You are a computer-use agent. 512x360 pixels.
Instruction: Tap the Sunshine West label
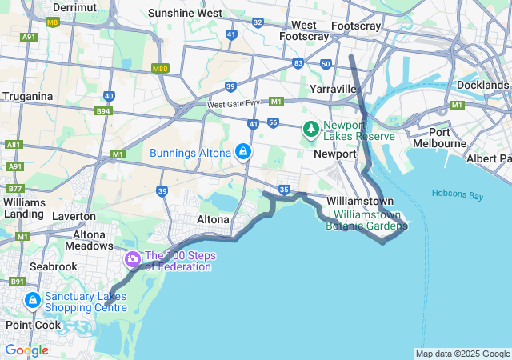[x=186, y=14]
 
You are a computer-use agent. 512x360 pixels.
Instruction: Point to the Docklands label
[x=482, y=85]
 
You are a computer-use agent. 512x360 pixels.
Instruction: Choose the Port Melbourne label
[x=439, y=138]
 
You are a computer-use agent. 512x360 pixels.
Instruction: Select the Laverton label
[x=74, y=216]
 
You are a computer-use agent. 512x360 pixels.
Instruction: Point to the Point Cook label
[x=29, y=325]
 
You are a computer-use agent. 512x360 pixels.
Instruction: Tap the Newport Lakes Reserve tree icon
[x=310, y=129]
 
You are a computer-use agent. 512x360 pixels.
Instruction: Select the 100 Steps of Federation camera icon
[x=133, y=259]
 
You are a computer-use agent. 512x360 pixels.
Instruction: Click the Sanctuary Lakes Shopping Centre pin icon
[x=33, y=300]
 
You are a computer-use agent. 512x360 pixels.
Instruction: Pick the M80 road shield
[x=160, y=69]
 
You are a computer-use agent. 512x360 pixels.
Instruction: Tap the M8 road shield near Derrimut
[x=53, y=22]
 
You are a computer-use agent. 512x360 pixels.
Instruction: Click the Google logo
[x=27, y=350]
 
